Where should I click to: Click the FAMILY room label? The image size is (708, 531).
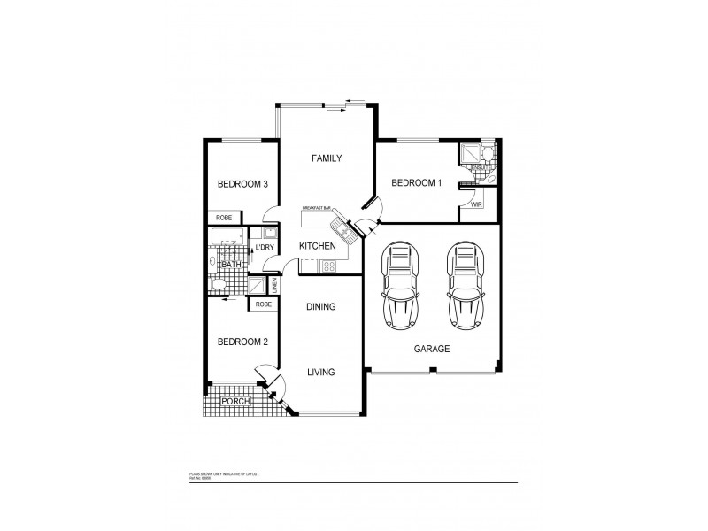click(x=327, y=158)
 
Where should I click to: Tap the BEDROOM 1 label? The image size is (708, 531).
click(x=416, y=183)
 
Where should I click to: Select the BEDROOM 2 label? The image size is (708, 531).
click(x=243, y=342)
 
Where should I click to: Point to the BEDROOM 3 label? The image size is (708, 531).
click(x=243, y=184)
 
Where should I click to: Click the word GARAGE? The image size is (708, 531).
click(x=432, y=349)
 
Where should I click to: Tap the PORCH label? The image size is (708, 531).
click(x=235, y=402)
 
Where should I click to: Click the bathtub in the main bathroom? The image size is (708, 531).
click(x=227, y=236)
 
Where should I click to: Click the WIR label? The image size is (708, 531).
click(x=476, y=204)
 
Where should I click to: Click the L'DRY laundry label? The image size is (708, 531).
click(x=264, y=247)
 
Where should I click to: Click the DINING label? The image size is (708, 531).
click(x=320, y=307)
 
